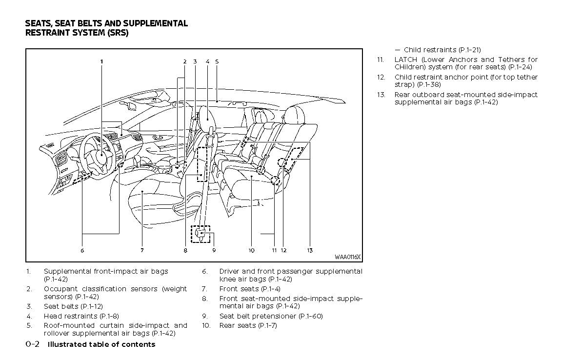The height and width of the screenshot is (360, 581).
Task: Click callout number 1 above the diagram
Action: (101, 61)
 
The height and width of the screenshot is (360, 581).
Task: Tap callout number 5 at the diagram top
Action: (217, 61)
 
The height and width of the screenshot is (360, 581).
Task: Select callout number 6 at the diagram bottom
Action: (82, 250)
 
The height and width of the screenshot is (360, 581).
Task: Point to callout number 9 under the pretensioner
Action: (214, 250)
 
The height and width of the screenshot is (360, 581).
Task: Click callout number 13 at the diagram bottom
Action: (310, 250)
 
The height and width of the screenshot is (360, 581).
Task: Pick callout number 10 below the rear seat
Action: (251, 250)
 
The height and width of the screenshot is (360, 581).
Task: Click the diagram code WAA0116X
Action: (347, 257)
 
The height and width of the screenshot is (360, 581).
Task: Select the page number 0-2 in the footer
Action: (32, 344)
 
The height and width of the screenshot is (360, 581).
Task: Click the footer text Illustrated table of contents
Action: (101, 344)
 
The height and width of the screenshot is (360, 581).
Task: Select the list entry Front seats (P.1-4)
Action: (250, 289)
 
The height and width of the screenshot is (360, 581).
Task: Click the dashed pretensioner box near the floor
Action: (200, 234)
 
